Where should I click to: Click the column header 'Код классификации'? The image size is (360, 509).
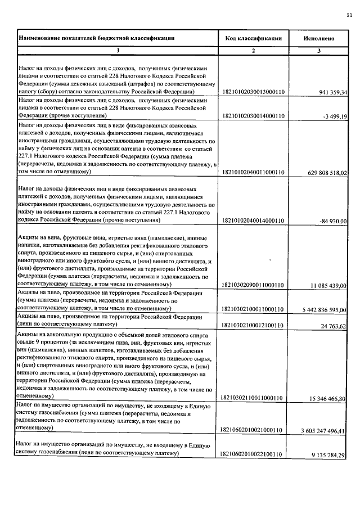coord(253,38)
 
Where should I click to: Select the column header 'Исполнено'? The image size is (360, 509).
coord(319,38)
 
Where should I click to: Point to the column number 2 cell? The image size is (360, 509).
coord(253,51)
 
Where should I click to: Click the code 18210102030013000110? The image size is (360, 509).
coord(253,92)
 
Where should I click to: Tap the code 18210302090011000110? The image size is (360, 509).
coord(253,286)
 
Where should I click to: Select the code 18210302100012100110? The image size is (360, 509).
coord(253,325)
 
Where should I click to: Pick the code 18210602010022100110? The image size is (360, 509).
coord(253,454)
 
